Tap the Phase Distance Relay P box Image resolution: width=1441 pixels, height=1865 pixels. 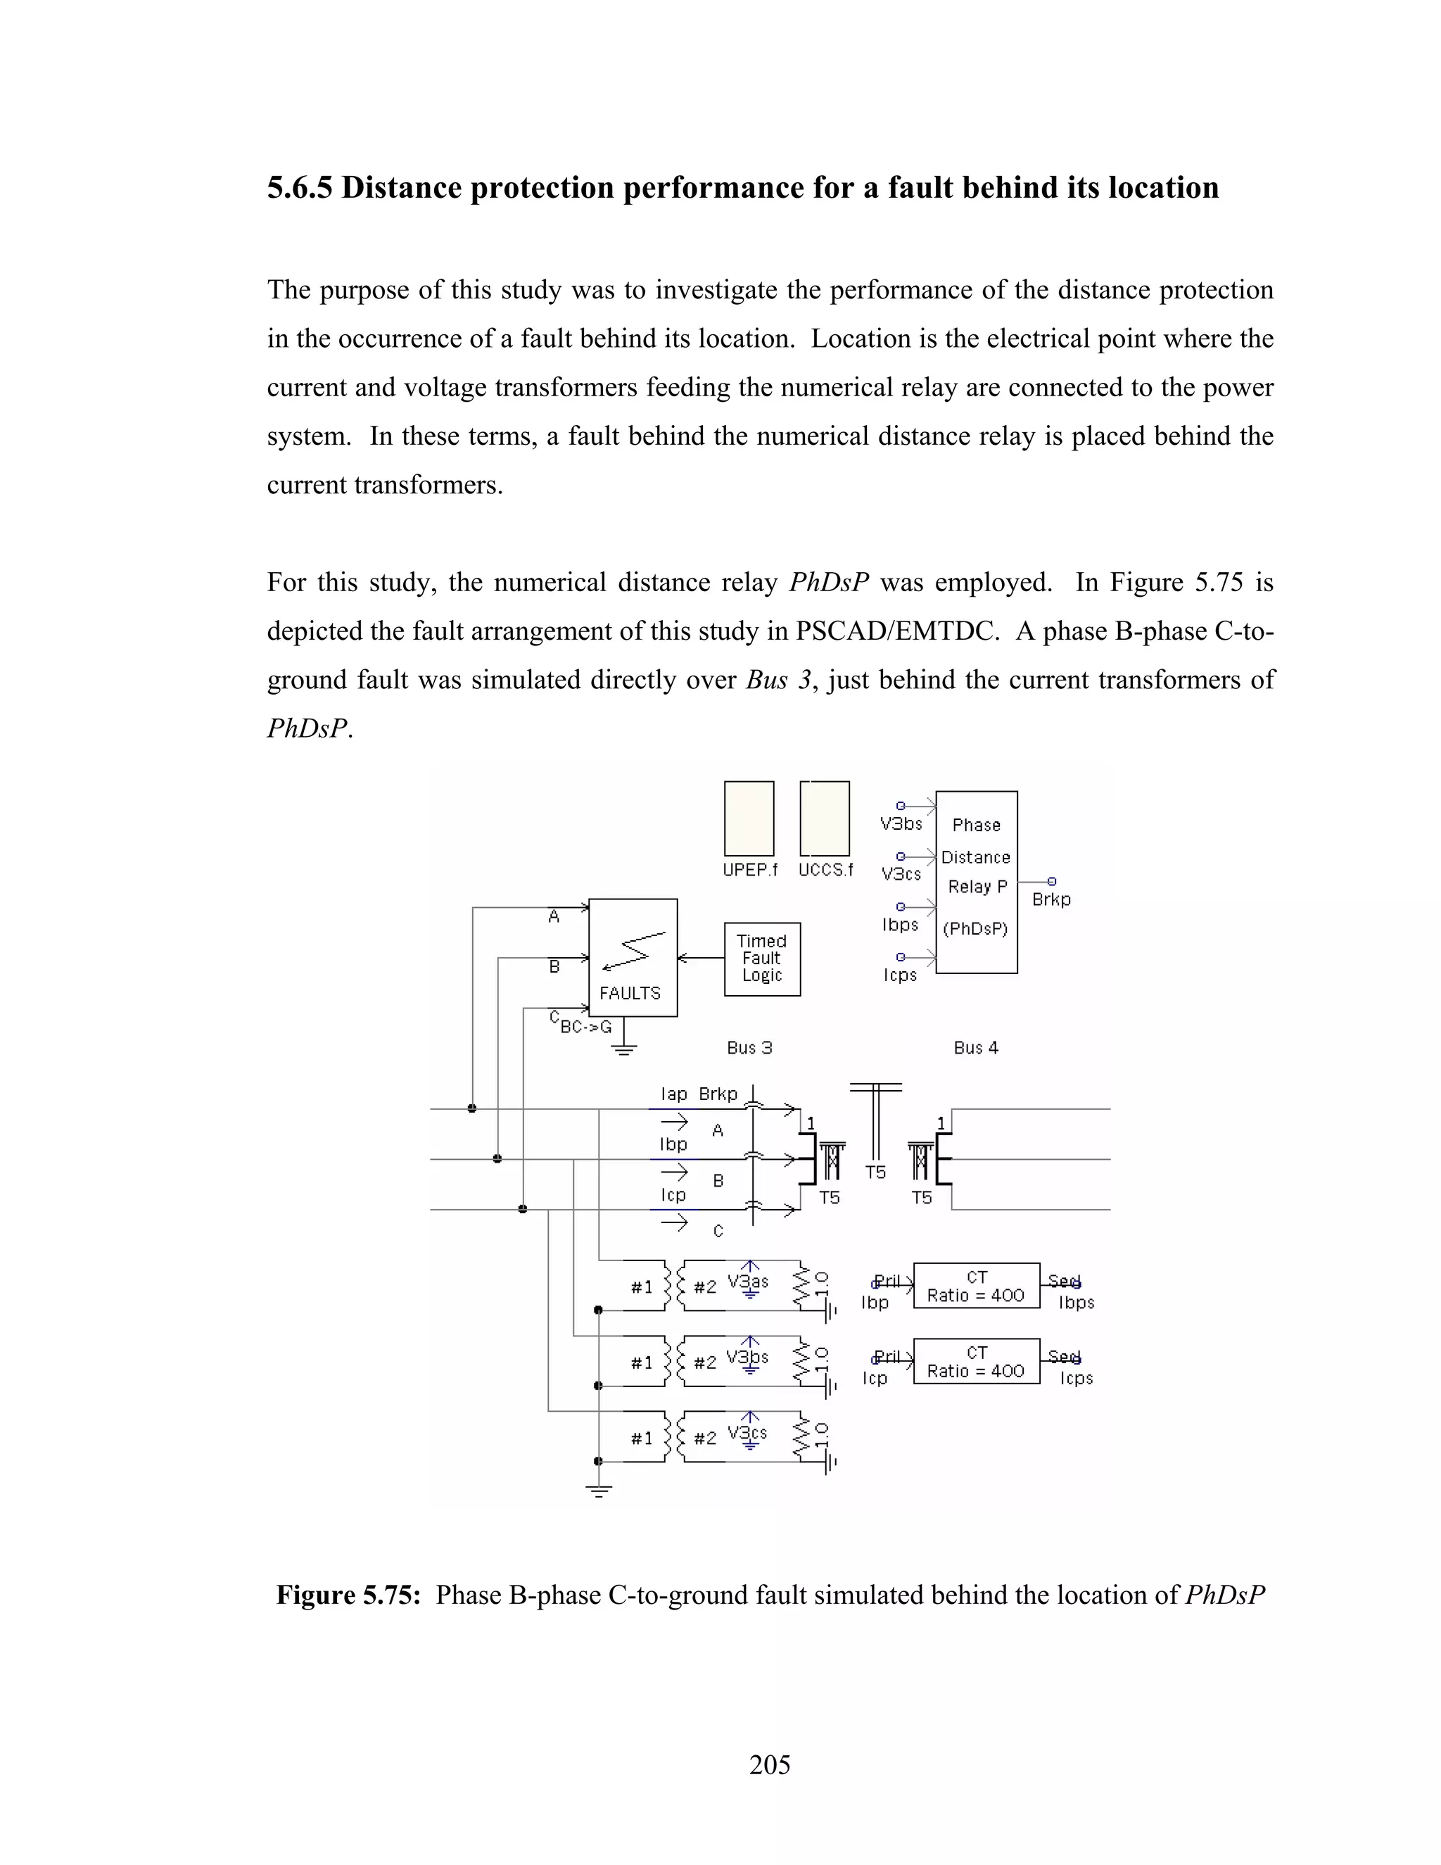(x=976, y=881)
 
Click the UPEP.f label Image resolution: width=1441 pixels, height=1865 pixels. (x=749, y=870)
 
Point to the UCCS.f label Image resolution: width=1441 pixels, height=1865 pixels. (x=825, y=870)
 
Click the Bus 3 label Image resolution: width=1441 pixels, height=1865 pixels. (x=749, y=1048)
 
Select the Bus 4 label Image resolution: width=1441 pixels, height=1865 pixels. (x=976, y=1048)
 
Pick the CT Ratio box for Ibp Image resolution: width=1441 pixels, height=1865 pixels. (x=976, y=1286)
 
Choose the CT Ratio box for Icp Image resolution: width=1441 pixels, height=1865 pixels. (x=976, y=1361)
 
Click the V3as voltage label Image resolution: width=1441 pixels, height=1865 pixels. (x=747, y=1282)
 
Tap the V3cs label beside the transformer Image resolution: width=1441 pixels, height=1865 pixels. (x=747, y=1433)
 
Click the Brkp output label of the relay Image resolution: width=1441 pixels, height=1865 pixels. (x=1051, y=899)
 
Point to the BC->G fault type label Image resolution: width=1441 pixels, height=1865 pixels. (x=585, y=1028)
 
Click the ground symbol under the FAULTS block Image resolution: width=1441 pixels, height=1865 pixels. (x=624, y=1049)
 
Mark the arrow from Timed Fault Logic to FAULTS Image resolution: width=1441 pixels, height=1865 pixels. (x=700, y=957)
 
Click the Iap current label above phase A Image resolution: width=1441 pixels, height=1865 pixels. (x=673, y=1094)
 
